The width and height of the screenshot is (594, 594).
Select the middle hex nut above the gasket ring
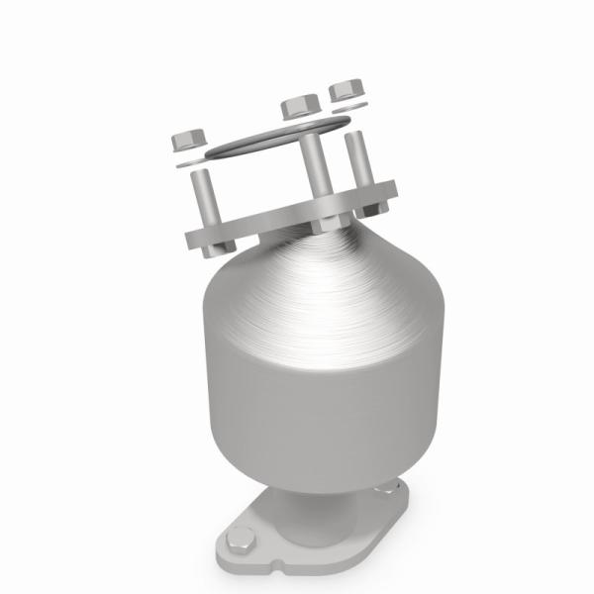[x=298, y=107]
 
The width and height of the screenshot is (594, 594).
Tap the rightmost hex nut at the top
[x=346, y=89]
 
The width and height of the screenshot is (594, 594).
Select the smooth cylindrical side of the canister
[x=297, y=396]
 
